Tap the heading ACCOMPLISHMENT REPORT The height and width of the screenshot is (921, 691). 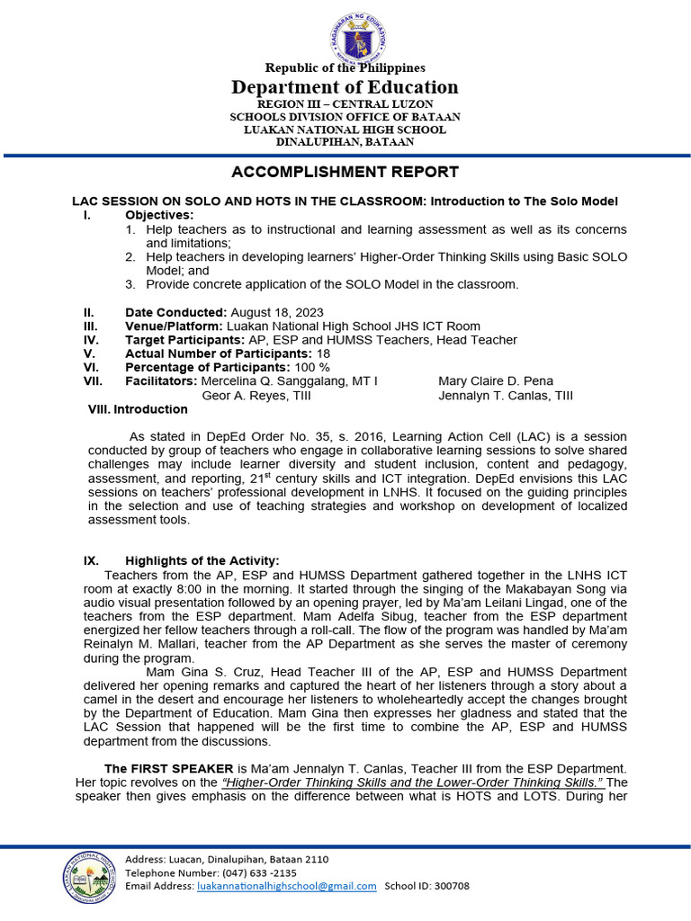[345, 172]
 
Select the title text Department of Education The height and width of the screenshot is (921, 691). [345, 87]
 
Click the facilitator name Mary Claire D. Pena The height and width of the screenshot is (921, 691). [495, 381]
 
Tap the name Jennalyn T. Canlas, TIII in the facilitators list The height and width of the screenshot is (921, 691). [505, 395]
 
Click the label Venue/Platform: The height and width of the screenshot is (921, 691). [174, 326]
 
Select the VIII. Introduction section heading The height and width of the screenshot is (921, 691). [138, 409]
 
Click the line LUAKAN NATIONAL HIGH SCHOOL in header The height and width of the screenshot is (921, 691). [345, 130]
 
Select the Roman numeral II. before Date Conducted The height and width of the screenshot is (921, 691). [89, 312]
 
